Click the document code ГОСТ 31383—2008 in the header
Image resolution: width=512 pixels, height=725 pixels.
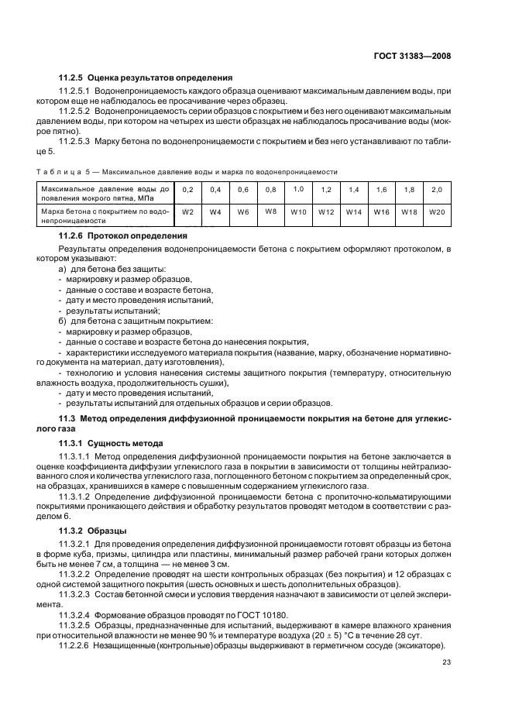[411, 57]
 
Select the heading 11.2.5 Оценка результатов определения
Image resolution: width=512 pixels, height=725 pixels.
[146, 78]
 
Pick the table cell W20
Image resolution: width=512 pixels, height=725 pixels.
[437, 211]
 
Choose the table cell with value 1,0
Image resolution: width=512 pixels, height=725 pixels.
[298, 189]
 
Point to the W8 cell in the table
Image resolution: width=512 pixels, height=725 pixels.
[270, 211]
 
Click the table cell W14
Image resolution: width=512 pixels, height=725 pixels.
[354, 211]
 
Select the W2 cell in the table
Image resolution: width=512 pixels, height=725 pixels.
[187, 211]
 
